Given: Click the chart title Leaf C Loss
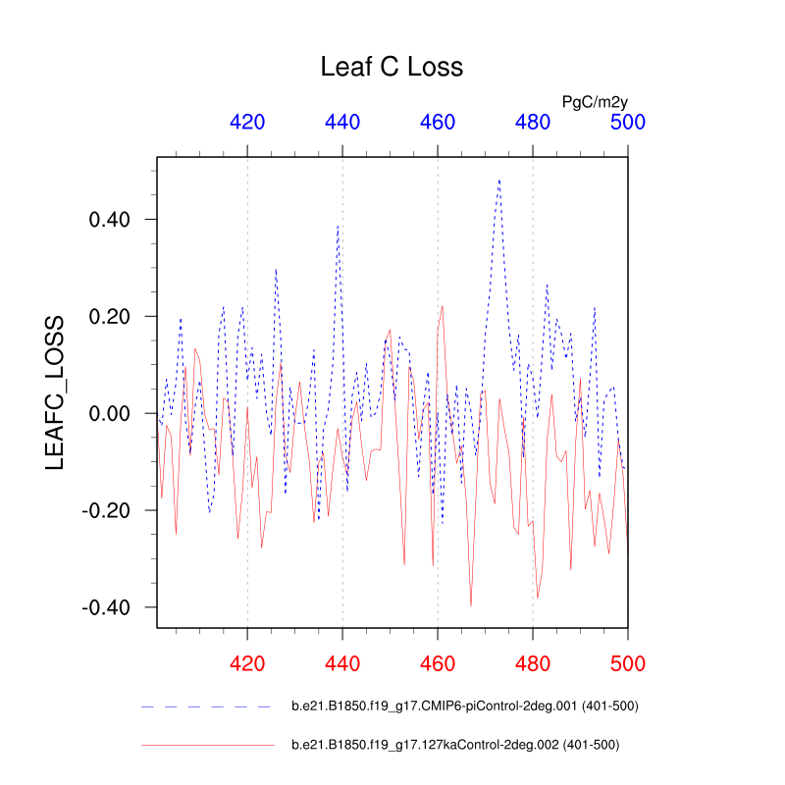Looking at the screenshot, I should [392, 67].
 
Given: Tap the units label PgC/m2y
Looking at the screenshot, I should [594, 101].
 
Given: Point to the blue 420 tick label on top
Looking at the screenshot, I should [247, 122].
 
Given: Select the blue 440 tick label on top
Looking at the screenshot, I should [342, 122].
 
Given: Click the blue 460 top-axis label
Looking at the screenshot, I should [438, 122].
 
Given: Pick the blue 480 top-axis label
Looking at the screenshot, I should [533, 122].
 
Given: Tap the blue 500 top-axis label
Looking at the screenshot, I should [627, 122].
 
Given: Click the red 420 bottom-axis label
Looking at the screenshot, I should [247, 663].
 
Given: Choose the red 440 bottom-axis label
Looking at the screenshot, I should [342, 663].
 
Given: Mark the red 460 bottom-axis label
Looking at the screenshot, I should [438, 663].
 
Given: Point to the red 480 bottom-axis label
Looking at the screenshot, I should [533, 663].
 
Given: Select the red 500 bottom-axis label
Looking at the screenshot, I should [627, 663].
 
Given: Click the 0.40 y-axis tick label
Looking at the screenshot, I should [110, 219].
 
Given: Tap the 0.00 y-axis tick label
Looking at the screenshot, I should [110, 413].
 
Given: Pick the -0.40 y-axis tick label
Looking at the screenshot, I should [106, 607].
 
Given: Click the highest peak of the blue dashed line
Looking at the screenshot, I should [499, 180].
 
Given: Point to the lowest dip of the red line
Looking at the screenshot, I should [471, 606].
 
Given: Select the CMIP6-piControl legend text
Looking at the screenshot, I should [465, 706].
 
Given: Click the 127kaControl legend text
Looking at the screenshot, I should [455, 745].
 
